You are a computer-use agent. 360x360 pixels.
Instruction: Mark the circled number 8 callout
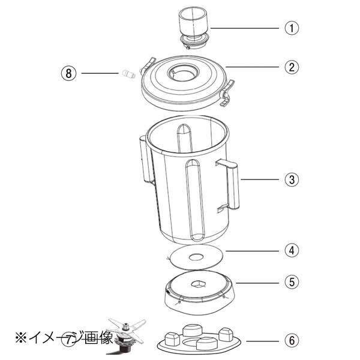click(x=70, y=73)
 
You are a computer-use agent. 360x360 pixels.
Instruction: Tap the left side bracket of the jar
click(x=143, y=158)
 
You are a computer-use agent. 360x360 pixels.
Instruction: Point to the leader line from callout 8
click(x=99, y=73)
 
